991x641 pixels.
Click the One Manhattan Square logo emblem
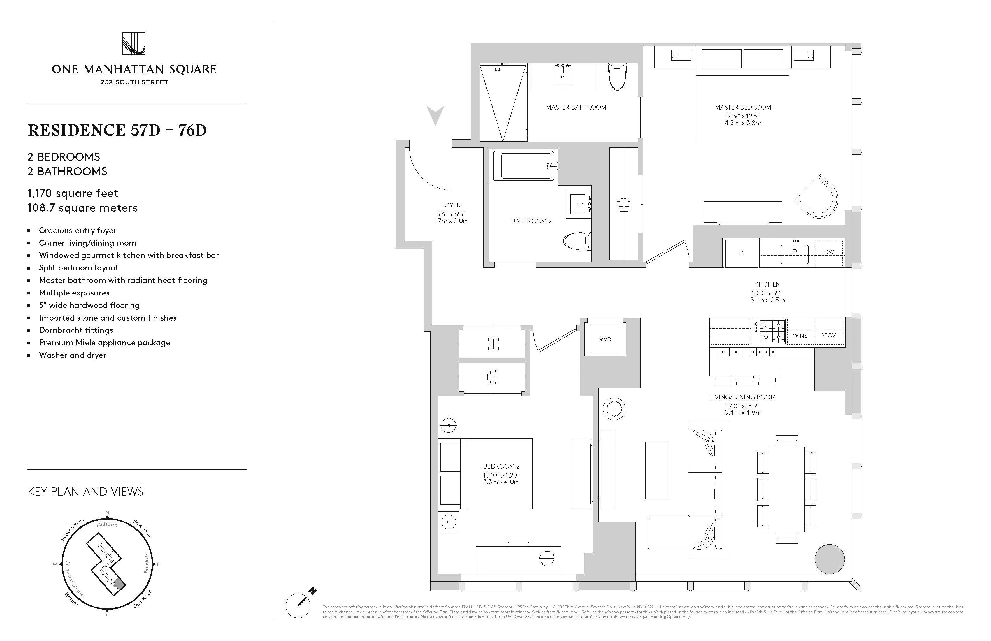[134, 44]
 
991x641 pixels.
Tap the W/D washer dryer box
[605, 339]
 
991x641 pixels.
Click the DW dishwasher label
[829, 252]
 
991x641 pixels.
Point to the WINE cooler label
[800, 335]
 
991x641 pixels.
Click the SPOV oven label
[828, 335]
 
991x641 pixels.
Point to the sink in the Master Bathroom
[563, 77]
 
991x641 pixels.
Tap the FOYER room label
[451, 205]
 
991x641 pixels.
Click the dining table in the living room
[786, 489]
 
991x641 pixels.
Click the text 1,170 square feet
[73, 193]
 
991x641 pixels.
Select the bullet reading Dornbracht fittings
[76, 330]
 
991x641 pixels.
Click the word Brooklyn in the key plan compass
[146, 562]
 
